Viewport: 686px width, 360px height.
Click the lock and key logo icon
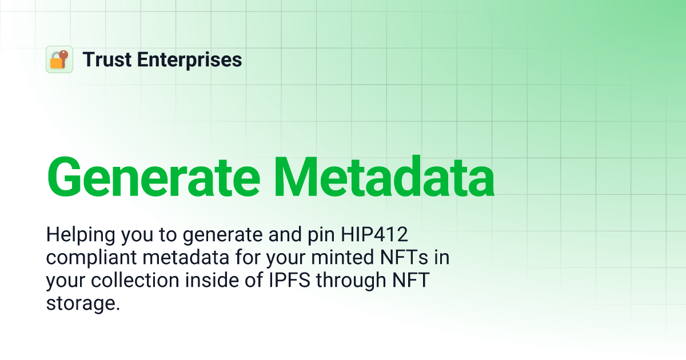coord(59,59)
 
